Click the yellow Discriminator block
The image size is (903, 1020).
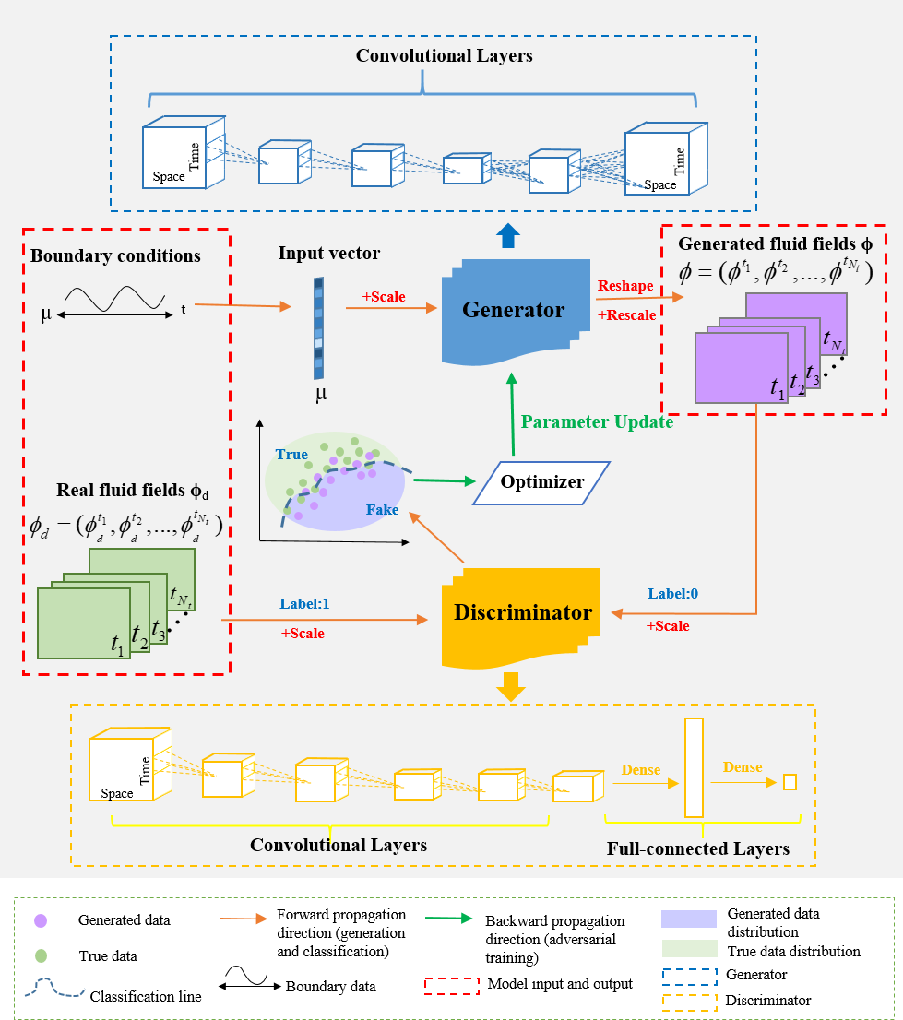(521, 612)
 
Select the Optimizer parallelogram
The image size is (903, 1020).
(542, 482)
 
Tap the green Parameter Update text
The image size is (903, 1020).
(597, 422)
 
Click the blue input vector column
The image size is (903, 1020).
(318, 327)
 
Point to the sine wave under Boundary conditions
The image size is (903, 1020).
(113, 299)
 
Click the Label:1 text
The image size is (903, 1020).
(304, 603)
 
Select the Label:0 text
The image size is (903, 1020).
(672, 594)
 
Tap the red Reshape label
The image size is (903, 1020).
(625, 286)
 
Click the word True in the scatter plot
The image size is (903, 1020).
(291, 455)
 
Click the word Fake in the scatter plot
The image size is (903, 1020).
(382, 509)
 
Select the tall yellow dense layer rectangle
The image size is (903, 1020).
(694, 767)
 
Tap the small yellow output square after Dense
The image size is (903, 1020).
(789, 782)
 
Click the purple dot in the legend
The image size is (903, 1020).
(40, 920)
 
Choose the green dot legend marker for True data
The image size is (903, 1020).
(40, 957)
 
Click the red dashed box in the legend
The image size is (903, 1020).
(451, 984)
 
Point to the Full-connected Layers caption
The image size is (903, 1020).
(698, 848)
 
